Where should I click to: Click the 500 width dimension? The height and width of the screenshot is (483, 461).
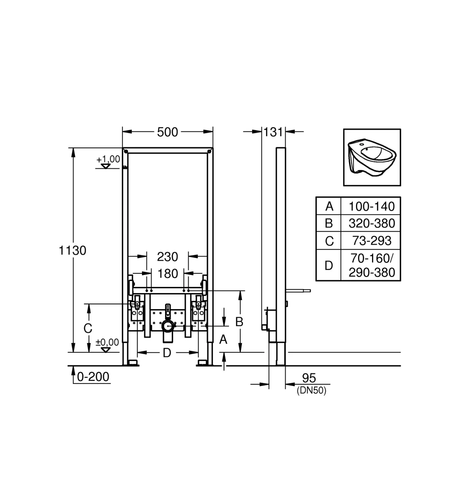(x=167, y=132)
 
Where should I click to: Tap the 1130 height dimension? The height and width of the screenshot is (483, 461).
(x=72, y=251)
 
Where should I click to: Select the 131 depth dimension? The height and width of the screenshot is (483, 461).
(x=273, y=132)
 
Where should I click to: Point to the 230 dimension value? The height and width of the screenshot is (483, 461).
(x=167, y=257)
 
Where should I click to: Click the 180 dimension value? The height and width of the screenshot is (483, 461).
(x=168, y=273)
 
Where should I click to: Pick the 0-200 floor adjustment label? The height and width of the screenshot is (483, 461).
(x=93, y=377)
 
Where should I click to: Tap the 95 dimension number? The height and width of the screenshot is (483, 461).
(x=309, y=378)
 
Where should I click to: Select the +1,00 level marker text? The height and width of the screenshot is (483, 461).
(x=108, y=159)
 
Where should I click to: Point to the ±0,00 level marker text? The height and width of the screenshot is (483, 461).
(x=107, y=342)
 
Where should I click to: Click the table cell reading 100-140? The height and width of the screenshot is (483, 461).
(x=372, y=206)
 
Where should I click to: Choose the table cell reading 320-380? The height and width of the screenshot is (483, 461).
(x=372, y=223)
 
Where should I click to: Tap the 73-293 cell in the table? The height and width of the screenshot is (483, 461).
(x=372, y=240)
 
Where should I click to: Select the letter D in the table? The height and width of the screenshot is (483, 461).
(x=329, y=266)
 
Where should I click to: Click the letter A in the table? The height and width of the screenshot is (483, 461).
(x=329, y=206)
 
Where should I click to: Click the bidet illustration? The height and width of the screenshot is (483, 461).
(x=372, y=157)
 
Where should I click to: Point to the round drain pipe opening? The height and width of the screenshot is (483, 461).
(x=168, y=326)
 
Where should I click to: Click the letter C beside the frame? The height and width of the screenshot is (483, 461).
(x=88, y=328)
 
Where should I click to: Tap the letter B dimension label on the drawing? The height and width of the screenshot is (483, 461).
(x=239, y=322)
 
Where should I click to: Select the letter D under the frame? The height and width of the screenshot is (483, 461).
(x=167, y=353)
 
